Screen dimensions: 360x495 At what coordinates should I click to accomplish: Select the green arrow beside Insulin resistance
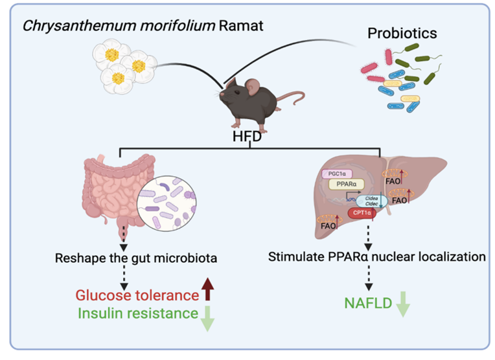pos(207,317)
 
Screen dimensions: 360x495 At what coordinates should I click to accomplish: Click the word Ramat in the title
pos(198,28)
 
